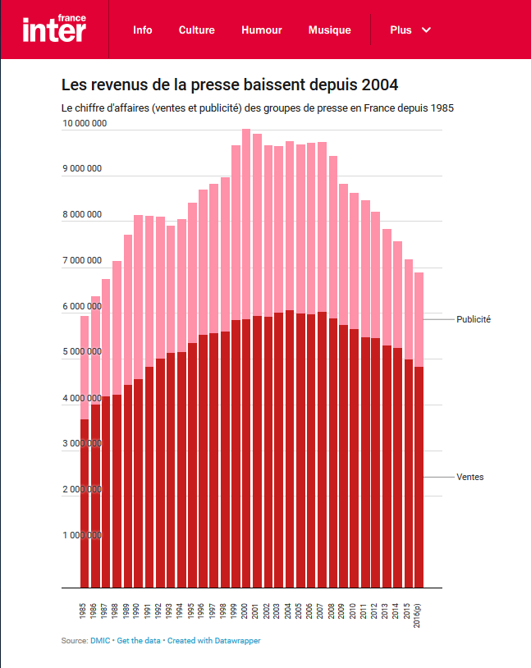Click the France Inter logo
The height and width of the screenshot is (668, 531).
[54, 29]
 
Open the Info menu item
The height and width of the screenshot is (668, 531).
[143, 30]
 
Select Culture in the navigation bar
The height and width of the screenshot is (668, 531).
[197, 30]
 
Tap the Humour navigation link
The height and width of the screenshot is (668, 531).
[262, 30]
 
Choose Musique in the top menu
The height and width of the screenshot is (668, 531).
[330, 30]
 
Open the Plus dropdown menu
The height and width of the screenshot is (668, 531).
[410, 30]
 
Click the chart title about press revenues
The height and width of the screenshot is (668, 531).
[230, 85]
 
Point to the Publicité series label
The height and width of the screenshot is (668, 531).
[474, 319]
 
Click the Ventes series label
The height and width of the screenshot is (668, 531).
[470, 477]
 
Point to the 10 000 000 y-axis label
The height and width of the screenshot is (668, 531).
[85, 124]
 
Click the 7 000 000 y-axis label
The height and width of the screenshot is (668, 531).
[82, 261]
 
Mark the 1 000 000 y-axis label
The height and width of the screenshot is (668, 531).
[82, 535]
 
